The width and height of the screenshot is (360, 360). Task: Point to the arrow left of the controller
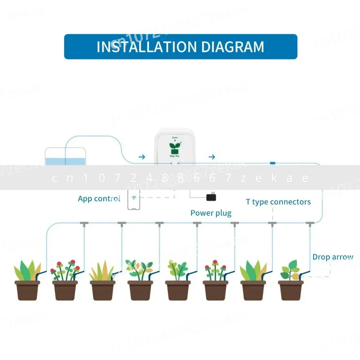tap(142, 157)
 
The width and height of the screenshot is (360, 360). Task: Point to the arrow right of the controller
tap(212, 157)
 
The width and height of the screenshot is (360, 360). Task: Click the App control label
tap(99, 199)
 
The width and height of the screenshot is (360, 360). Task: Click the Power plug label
tap(211, 213)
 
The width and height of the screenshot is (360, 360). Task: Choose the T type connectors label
tap(278, 202)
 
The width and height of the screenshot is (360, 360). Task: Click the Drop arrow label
tap(333, 257)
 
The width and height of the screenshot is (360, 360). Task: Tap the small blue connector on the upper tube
tap(273, 163)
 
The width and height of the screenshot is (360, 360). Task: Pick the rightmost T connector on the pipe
tap(309, 224)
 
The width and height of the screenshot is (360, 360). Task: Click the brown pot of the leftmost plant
tap(27, 290)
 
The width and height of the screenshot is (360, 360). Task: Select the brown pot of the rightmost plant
tap(291, 290)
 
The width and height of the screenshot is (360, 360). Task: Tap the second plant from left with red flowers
tap(65, 270)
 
